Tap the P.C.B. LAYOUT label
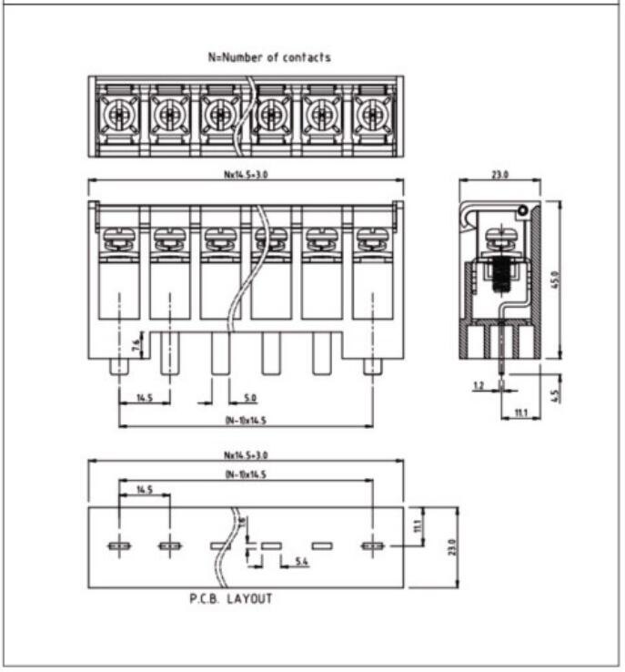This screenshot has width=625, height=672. click(230, 599)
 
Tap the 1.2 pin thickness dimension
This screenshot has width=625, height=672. click(479, 386)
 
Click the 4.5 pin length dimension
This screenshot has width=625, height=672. click(556, 395)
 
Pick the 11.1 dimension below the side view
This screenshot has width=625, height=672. click(521, 413)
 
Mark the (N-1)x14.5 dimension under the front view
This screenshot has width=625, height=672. click(246, 421)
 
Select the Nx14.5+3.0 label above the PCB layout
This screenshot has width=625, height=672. click(246, 454)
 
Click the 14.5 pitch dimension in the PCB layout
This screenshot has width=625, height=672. click(144, 490)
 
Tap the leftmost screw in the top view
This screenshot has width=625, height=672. click(118, 116)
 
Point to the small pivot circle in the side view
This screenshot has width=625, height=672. click(523, 212)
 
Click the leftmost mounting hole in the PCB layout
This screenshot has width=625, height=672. click(119, 546)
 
